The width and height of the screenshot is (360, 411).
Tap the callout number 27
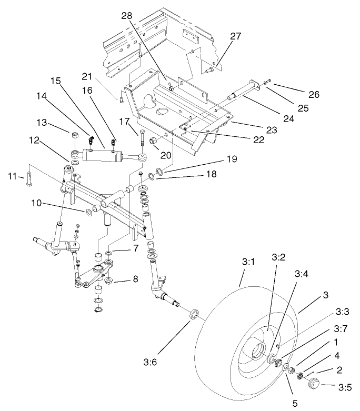(235, 36)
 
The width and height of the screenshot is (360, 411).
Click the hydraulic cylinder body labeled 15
(102, 156)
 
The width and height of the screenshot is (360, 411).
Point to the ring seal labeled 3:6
(194, 315)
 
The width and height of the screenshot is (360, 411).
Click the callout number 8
(135, 279)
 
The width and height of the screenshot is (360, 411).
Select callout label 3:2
(278, 258)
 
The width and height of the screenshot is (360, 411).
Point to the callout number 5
(295, 404)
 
